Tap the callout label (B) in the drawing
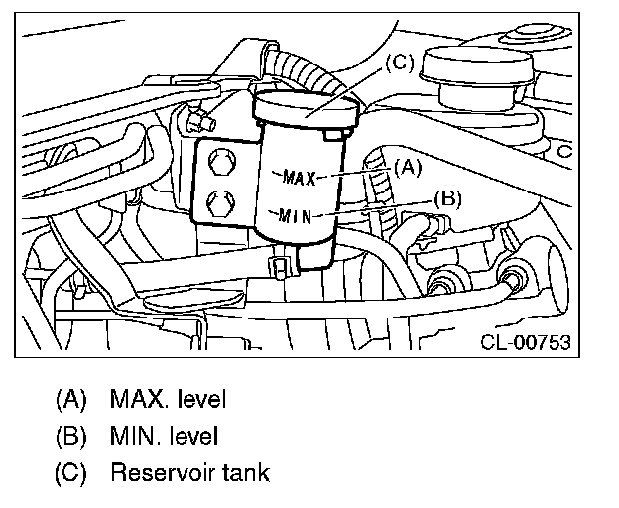click(446, 197)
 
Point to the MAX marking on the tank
click(298, 179)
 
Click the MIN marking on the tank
click(297, 214)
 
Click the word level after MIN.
click(195, 435)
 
